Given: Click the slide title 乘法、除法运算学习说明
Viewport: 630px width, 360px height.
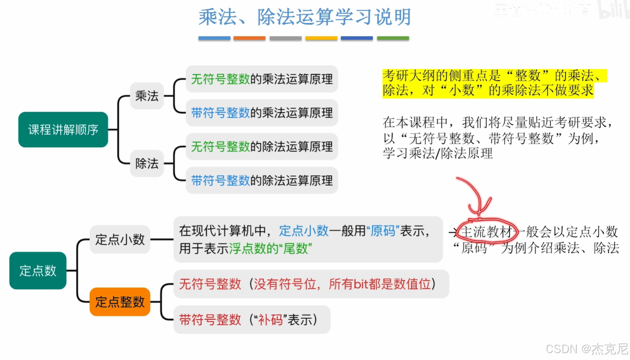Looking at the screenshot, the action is click(305, 17).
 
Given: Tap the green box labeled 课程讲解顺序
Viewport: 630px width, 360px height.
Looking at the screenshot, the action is click(63, 129).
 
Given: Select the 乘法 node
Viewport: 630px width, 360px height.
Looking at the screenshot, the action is click(147, 95).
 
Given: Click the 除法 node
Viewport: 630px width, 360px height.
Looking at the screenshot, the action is click(147, 163).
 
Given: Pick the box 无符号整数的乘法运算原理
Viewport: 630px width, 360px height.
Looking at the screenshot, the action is click(262, 79).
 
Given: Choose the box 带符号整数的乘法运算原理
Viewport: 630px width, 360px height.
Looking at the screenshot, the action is click(262, 113).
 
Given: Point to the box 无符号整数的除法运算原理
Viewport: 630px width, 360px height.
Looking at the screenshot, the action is click(262, 147).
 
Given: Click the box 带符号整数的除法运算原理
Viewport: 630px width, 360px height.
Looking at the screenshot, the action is click(262, 181).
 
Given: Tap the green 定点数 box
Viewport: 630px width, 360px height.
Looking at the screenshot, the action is click(38, 271).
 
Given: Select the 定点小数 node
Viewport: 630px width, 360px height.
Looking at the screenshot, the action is click(120, 240).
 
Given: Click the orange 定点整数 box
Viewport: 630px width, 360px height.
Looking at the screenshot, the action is click(120, 302).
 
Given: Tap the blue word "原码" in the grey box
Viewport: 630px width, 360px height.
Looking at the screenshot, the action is click(383, 231).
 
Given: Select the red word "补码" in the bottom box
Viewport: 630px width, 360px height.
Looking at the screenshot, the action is click(270, 320).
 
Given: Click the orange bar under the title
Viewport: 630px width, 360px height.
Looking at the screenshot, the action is click(249, 38).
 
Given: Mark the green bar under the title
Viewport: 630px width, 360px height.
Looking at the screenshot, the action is click(392, 38).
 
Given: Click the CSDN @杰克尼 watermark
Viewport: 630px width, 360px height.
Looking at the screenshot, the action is click(587, 349).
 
